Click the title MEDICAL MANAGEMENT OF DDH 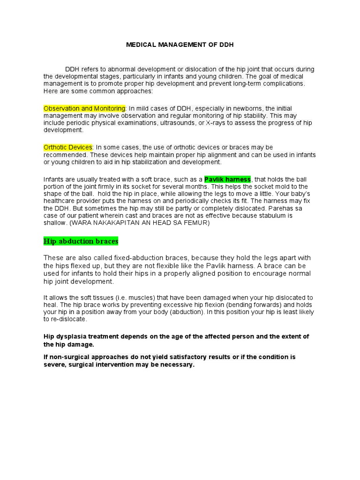pyautogui.click(x=180, y=45)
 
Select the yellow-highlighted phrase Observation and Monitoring pyautogui.click(x=84, y=108)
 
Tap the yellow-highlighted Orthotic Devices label pyautogui.click(x=68, y=147)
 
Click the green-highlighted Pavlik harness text pyautogui.click(x=228, y=179)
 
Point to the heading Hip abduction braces pyautogui.click(x=81, y=241)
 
